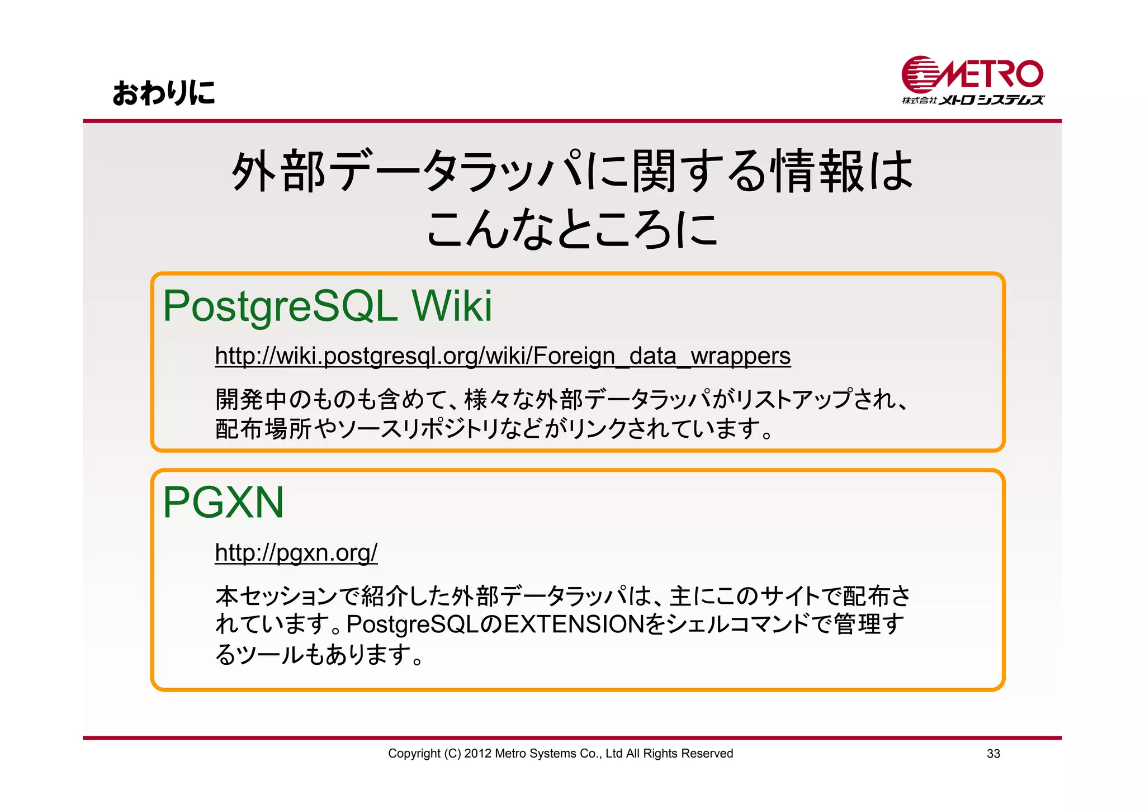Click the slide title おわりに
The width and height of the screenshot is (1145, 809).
click(x=163, y=93)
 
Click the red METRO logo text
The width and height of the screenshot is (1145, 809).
click(x=992, y=74)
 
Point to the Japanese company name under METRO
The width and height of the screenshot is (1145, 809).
click(x=973, y=101)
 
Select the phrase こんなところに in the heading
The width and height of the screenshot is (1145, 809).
click(x=571, y=229)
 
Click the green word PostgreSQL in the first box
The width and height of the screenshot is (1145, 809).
click(x=280, y=306)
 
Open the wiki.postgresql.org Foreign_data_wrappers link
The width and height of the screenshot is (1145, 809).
click(x=502, y=356)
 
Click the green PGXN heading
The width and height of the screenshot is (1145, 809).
click(x=223, y=502)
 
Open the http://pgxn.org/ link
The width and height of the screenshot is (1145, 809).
click(x=296, y=552)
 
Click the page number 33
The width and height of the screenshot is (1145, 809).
click(x=993, y=754)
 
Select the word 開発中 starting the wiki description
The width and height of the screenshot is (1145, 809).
click(x=252, y=400)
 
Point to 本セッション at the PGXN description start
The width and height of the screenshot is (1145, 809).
click(x=277, y=596)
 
